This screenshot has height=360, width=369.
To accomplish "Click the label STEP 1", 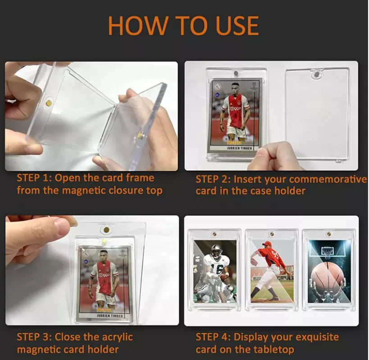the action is point(34,178).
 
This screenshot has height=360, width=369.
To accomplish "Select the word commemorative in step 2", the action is point(328,179).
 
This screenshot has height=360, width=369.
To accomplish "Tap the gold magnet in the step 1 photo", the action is point(49,103).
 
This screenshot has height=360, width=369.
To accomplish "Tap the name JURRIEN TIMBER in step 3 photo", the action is point(109,316).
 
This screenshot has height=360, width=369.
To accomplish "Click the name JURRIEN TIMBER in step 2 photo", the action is point(239,148).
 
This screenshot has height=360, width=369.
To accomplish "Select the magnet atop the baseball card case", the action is point(272,234).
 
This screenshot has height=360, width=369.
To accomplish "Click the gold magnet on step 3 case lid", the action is point(106,230).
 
